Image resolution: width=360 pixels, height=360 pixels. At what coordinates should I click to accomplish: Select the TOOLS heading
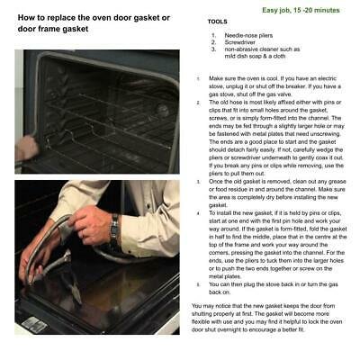(217, 21)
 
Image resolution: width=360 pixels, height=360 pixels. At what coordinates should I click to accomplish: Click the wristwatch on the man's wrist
(114, 231)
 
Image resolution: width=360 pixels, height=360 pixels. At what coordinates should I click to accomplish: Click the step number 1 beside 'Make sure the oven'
(197, 79)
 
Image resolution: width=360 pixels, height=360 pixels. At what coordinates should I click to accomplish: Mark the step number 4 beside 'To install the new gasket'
(197, 213)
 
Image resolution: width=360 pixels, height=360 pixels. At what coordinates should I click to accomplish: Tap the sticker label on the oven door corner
(34, 323)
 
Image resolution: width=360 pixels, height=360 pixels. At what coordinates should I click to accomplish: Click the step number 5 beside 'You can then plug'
(197, 283)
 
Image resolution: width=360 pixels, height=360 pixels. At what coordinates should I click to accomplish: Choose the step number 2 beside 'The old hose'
(197, 103)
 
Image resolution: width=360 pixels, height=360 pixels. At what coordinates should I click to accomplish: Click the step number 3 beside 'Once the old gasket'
(197, 181)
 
